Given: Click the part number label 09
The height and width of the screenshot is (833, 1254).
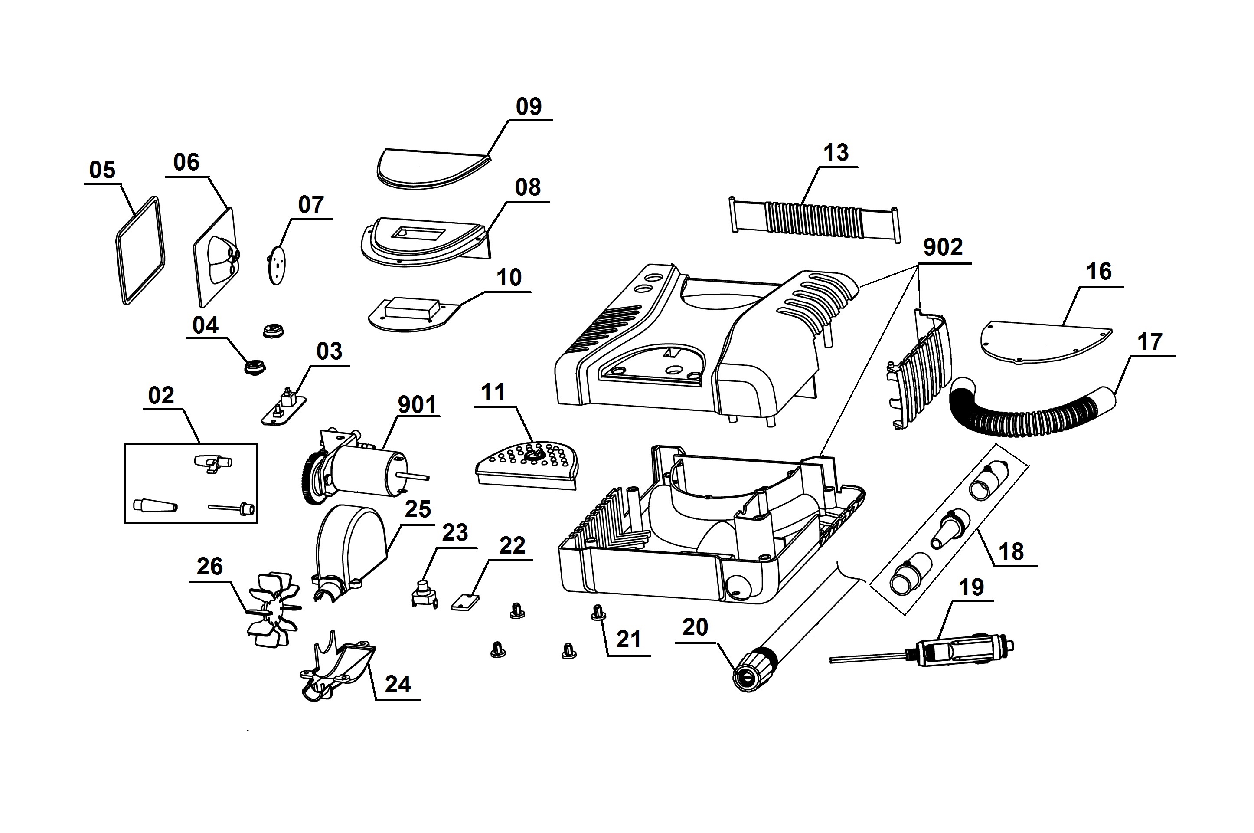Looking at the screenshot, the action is (x=528, y=107).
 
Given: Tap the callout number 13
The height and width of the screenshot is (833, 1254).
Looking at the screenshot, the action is (x=836, y=153).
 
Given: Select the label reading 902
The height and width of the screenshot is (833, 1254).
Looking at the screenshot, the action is (x=943, y=248).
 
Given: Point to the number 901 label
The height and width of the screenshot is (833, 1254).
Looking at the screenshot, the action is (x=417, y=405).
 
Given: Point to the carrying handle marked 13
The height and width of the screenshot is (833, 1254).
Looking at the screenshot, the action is (x=814, y=219).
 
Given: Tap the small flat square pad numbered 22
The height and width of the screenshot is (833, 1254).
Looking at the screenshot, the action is (x=465, y=603).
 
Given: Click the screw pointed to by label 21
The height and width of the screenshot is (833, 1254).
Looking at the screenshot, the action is (x=597, y=613).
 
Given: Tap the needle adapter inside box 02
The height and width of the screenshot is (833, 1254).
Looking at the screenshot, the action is (x=232, y=508).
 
